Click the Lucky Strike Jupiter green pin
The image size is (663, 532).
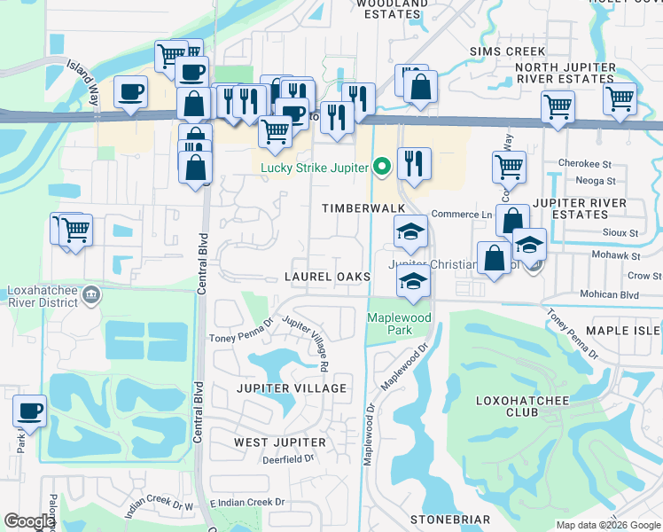tap(382, 166)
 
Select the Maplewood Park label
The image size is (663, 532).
tap(399, 324)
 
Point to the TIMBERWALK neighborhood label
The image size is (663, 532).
tap(363, 207)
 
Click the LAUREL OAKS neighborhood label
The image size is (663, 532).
tap(327, 277)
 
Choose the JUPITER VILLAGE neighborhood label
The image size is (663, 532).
tap(291, 388)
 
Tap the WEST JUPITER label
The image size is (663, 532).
tap(275, 442)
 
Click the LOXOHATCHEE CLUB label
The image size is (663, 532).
tap(519, 406)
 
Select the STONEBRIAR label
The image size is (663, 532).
tap(450, 519)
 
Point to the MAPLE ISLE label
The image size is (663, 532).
tap(622, 331)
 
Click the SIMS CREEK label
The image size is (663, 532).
tap(508, 51)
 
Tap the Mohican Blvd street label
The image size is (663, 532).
tap(609, 293)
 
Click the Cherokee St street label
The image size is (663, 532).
tap(585, 164)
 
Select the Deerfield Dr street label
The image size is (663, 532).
tap(288, 458)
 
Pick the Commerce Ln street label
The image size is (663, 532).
tap(461, 215)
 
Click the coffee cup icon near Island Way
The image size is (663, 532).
tap(131, 93)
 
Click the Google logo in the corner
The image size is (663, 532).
tap(29, 521)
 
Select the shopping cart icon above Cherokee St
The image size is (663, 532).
tap(509, 165)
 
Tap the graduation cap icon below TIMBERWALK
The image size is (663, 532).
tap(411, 233)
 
